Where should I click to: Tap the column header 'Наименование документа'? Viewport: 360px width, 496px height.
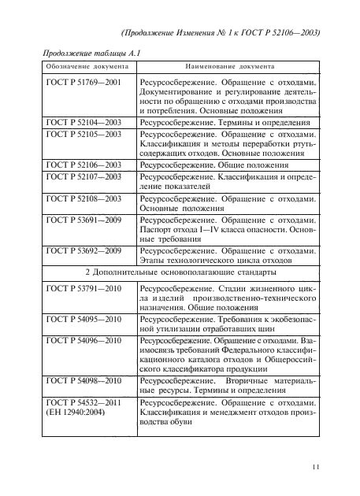228,67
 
